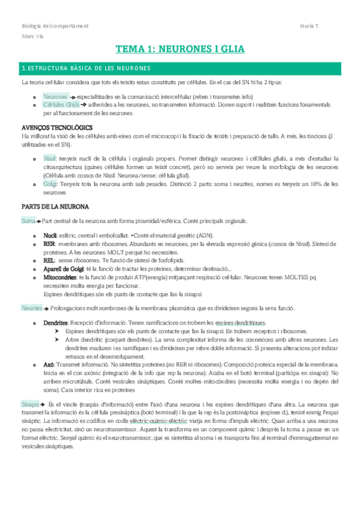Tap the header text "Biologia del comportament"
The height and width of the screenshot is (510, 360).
[x=55, y=26]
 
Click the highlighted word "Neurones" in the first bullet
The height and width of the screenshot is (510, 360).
[x=55, y=97]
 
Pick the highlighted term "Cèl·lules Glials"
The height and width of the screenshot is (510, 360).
[x=61, y=105]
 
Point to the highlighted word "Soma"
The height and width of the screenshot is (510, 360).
[x=28, y=221]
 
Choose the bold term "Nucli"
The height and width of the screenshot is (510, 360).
[x=50, y=235]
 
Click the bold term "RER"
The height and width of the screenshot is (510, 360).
[x=49, y=245]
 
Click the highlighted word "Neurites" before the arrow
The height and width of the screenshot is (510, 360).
[x=31, y=308]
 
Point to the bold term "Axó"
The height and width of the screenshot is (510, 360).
[x=49, y=364]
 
